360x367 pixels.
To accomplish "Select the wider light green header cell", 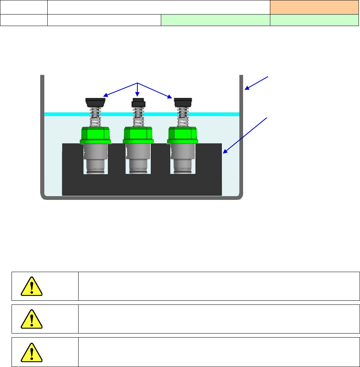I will (215, 20).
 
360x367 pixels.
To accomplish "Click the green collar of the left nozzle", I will (95, 135).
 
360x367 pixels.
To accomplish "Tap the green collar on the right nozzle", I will (182, 135).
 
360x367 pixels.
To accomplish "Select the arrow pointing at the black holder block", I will (245, 134).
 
